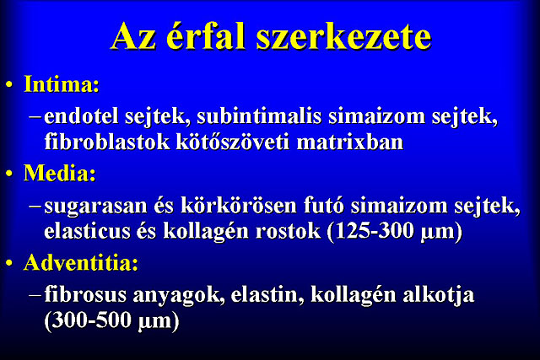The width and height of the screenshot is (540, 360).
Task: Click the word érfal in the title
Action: (205, 36)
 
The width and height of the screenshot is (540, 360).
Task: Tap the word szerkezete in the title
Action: (343, 37)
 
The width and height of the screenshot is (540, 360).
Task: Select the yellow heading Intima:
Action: (62, 84)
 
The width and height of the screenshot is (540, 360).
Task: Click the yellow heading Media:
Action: (60, 173)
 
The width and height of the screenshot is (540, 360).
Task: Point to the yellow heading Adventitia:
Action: (81, 262)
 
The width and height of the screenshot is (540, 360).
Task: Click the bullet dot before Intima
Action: (9, 85)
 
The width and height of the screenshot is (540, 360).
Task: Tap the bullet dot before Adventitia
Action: (9, 264)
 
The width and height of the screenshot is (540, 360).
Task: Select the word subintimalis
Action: (259, 116)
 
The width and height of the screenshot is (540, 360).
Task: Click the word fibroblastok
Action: (107, 142)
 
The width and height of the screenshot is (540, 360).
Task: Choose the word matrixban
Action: (350, 142)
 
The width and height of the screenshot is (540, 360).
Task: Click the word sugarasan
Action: (95, 207)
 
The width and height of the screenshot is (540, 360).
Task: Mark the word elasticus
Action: (88, 231)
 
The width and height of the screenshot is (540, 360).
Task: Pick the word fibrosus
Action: (85, 294)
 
